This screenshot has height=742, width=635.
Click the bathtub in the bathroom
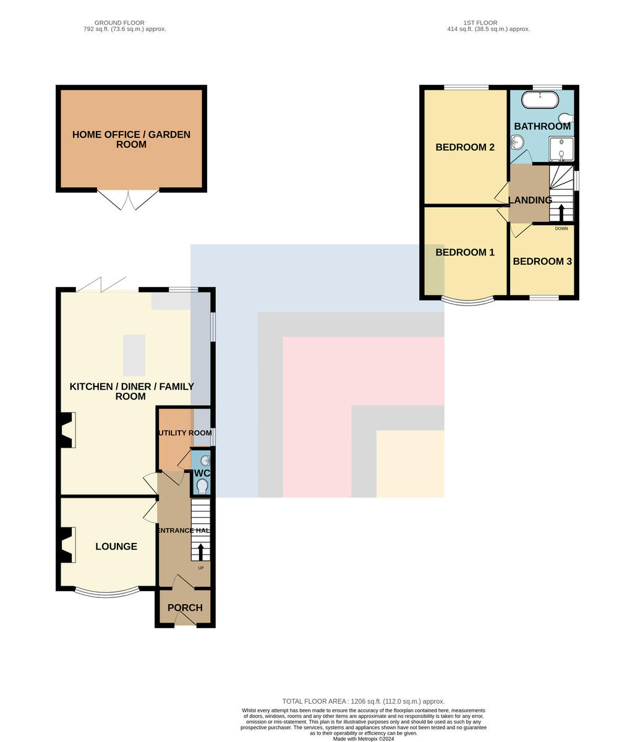(540, 100)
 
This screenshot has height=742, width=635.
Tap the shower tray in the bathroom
(561, 148)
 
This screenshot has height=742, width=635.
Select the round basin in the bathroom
(517, 142)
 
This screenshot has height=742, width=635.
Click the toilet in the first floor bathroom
(566, 117)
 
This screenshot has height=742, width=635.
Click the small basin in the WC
(205, 461)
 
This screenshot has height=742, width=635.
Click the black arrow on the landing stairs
(561, 213)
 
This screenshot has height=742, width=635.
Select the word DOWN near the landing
(561, 228)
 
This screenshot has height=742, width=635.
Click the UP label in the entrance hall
(201, 568)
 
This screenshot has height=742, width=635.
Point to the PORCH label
(185, 608)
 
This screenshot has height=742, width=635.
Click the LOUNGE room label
(116, 547)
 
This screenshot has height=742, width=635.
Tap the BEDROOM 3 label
(542, 262)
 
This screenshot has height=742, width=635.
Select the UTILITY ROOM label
(185, 433)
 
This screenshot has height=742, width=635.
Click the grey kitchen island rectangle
(134, 356)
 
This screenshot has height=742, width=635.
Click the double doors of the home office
(128, 200)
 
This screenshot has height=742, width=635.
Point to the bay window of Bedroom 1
(467, 301)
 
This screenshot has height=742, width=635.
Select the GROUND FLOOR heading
(119, 23)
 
